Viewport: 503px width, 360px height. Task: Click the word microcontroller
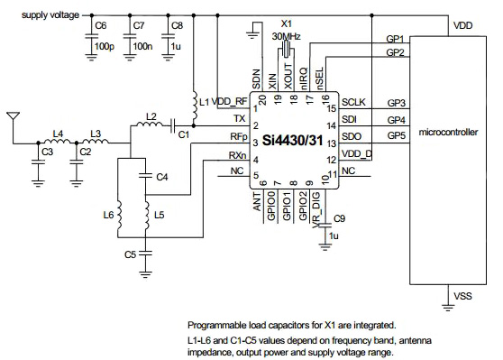[448, 133]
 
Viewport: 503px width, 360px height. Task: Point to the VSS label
[461, 294]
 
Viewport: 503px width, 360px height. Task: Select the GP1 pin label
[394, 40]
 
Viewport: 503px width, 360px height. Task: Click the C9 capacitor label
[339, 218]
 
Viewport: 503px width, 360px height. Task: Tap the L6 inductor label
[108, 216]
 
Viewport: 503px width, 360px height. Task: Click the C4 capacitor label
[161, 177]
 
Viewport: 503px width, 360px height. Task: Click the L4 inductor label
[58, 133]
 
